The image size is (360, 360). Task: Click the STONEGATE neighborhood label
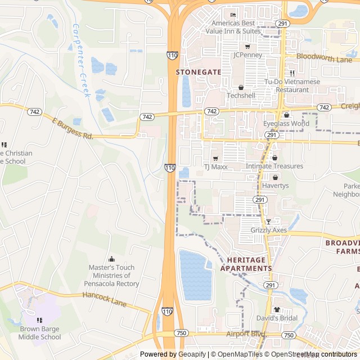[x=199, y=72]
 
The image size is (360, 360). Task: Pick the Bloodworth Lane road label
[x=324, y=58]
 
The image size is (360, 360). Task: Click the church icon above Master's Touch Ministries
[x=111, y=259]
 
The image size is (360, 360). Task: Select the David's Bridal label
[x=276, y=318]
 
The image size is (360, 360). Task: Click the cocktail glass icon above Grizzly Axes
[x=268, y=222]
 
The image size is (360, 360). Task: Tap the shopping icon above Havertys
[x=275, y=177]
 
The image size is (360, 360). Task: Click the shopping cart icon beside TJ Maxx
[x=215, y=159]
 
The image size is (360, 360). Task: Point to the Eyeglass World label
[x=286, y=123]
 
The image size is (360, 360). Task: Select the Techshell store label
[x=241, y=96]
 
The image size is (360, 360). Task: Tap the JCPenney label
[x=248, y=55]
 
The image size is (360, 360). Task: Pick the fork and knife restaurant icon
[x=292, y=73]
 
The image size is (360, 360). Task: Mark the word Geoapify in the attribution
[x=192, y=354]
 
